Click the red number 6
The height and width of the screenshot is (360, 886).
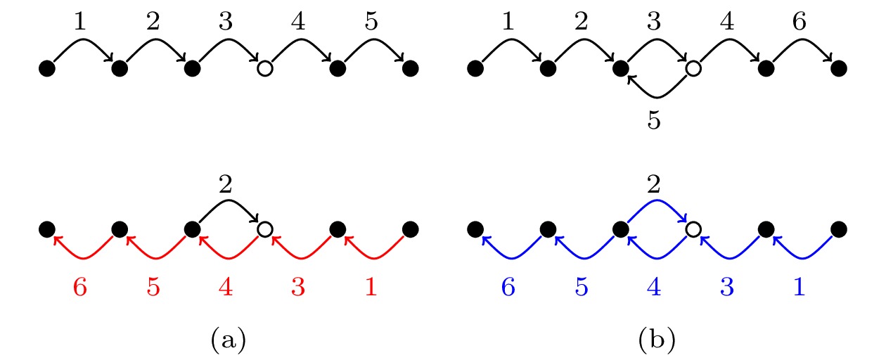tap(80, 286)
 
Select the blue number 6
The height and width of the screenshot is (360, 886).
tap(508, 286)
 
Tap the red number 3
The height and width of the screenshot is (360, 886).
tap(298, 286)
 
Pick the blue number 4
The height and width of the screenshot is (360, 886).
tap(654, 286)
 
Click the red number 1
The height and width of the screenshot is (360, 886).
tap(371, 286)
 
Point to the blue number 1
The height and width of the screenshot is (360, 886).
tap(800, 286)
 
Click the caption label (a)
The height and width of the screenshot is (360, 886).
tap(229, 340)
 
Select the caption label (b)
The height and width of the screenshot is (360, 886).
tap(657, 340)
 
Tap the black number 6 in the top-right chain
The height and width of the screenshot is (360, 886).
tap(800, 21)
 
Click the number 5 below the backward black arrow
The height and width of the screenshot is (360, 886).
tap(654, 120)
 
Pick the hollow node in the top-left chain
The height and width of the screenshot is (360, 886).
tap(265, 68)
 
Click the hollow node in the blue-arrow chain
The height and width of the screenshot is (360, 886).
tap(693, 229)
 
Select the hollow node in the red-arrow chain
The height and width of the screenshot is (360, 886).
tap(265, 229)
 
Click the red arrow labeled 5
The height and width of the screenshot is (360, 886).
tap(156, 258)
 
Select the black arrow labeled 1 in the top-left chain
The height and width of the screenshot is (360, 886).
tap(83, 40)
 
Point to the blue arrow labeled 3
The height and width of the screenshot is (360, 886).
tap(730, 258)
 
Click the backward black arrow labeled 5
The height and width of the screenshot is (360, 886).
tap(657, 97)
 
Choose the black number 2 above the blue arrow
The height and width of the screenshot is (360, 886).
tap(654, 184)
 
